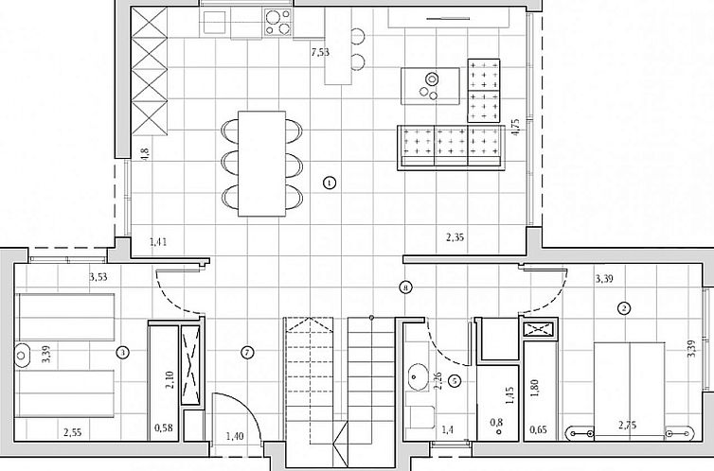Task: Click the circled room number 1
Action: (x=329, y=183)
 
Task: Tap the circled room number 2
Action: (x=624, y=307)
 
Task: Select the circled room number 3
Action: (x=122, y=353)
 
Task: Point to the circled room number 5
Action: (x=455, y=381)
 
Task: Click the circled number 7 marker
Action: (x=247, y=353)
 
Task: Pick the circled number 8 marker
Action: (x=405, y=286)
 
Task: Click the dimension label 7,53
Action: (x=320, y=53)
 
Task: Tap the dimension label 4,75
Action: (x=514, y=128)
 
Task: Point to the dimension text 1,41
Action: (x=160, y=243)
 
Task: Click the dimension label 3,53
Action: (x=98, y=278)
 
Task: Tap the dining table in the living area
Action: (x=261, y=163)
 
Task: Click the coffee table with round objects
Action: (x=431, y=85)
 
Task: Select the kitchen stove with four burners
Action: (x=277, y=21)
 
